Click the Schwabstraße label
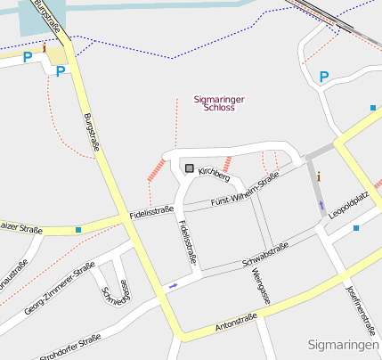click(265, 255)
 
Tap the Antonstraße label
click(236, 323)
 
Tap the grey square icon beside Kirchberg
click(189, 167)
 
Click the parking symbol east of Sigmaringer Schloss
click(324, 77)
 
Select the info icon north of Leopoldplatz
click(319, 176)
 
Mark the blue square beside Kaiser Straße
click(78, 230)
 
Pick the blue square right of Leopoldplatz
click(356, 228)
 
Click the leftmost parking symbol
click(28, 57)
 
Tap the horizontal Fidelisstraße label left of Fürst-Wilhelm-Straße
click(150, 212)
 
